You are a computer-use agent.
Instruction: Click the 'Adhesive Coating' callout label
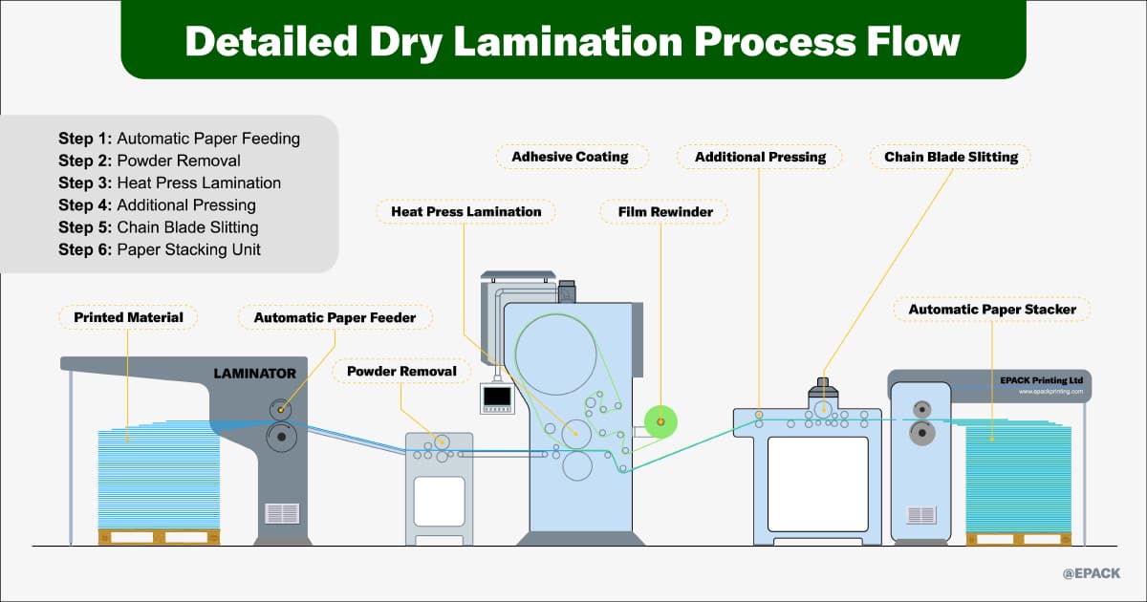pyautogui.click(x=570, y=157)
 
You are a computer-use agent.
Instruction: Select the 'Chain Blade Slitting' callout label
pyautogui.click(x=951, y=157)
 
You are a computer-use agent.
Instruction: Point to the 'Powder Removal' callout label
pyautogui.click(x=401, y=371)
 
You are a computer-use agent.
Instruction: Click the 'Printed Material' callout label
pyautogui.click(x=128, y=317)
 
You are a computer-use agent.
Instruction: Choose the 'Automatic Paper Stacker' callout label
pyautogui.click(x=992, y=310)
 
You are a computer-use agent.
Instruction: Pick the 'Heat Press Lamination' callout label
pyautogui.click(x=466, y=211)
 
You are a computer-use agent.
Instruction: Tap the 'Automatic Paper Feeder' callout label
pyautogui.click(x=335, y=317)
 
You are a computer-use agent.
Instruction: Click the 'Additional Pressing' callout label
pyautogui.click(x=760, y=157)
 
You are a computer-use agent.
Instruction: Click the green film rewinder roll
pyautogui.click(x=660, y=422)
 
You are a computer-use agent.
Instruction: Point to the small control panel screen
pyautogui.click(x=497, y=397)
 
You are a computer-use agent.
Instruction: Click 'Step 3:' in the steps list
pyautogui.click(x=85, y=183)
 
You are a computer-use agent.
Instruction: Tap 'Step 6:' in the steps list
pyautogui.click(x=85, y=250)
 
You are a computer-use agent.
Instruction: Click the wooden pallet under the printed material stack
pyautogui.click(x=159, y=537)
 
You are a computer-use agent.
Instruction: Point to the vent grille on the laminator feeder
pyautogui.click(x=282, y=512)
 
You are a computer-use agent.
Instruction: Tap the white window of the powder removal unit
pyautogui.click(x=439, y=501)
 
